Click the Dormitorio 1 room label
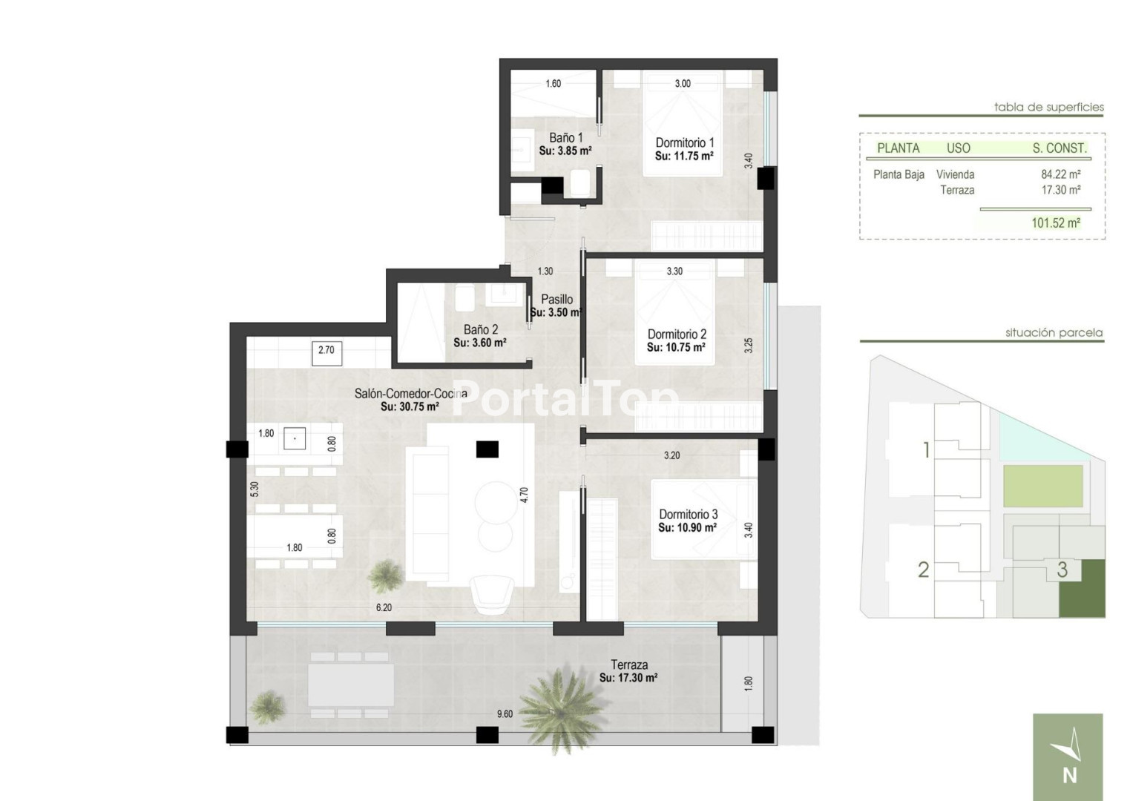(684, 142)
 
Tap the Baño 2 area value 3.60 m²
(479, 343)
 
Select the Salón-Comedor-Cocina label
(410, 393)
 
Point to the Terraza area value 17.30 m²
(628, 678)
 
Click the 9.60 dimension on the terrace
(505, 714)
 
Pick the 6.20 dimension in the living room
(384, 607)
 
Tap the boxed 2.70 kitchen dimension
(326, 352)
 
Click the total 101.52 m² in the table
(1056, 223)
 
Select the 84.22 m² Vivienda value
(1061, 174)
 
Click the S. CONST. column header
(1059, 148)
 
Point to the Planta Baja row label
(899, 174)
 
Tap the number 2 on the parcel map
(924, 570)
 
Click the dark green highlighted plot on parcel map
(1082, 592)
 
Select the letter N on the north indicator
(1069, 776)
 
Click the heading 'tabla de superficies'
(1049, 108)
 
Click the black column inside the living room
(487, 449)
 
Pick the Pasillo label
(557, 300)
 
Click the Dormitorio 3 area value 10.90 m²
(687, 528)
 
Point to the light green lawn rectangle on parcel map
(1043, 486)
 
